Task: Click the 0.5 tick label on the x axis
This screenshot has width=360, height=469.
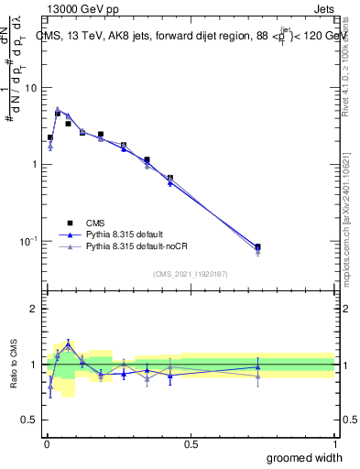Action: pyautogui.click(x=191, y=443)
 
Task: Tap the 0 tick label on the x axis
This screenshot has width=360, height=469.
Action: pyautogui.click(x=47, y=443)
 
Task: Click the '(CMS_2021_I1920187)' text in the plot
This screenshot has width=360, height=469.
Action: pyautogui.click(x=191, y=273)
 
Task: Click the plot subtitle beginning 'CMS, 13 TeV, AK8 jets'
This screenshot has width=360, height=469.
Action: pyautogui.click(x=188, y=38)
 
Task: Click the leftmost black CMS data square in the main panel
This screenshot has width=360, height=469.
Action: pyautogui.click(x=50, y=137)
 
